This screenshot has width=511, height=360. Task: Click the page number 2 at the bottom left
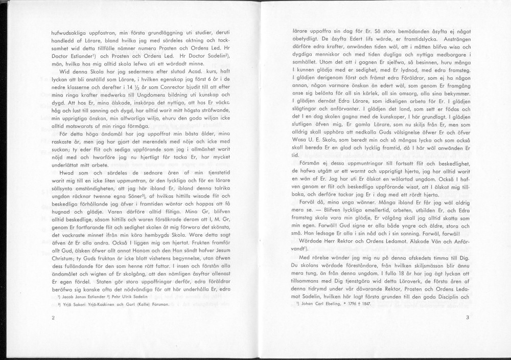point(53,318)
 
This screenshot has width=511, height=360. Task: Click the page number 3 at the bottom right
point(467,318)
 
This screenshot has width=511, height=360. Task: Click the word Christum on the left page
point(65,260)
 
